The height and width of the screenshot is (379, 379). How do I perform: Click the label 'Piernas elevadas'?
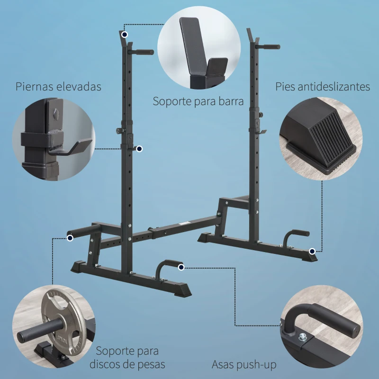tap(58, 87)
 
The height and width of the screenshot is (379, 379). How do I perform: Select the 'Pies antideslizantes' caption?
tap(323, 87)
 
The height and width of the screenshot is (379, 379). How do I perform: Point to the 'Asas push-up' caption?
tap(244, 365)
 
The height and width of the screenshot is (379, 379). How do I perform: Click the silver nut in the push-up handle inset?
tap(302, 337)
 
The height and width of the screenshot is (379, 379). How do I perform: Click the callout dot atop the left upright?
tap(124, 34)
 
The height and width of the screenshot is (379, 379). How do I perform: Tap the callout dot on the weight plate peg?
tap(70, 238)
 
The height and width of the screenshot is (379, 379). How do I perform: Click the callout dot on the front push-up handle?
tap(181, 268)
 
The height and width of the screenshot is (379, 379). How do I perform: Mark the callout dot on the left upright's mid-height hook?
tap(139, 149)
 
